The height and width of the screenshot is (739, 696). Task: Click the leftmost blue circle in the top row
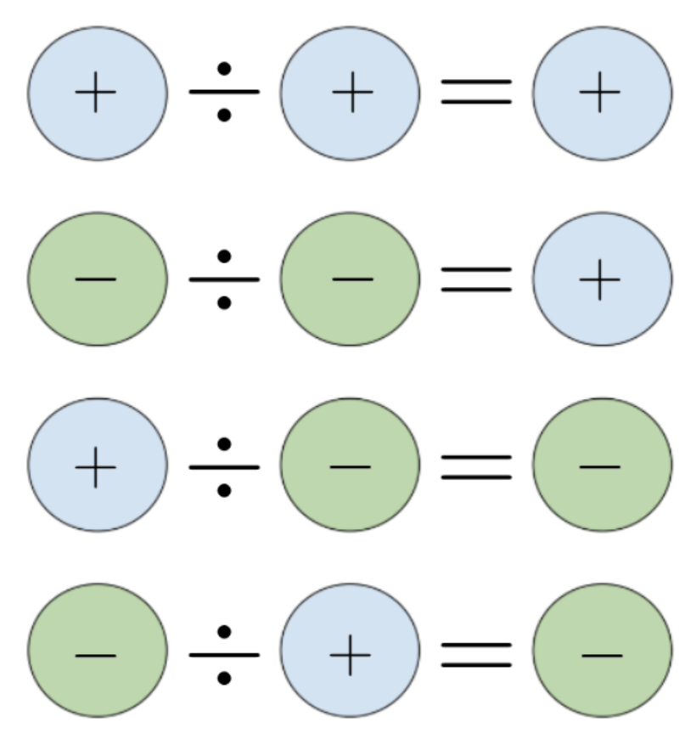[97, 93]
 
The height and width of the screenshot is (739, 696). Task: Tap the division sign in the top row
[224, 92]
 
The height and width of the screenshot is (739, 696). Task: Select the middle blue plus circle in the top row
[350, 93]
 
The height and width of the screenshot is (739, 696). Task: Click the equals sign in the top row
[476, 92]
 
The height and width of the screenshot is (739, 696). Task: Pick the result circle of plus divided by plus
[602, 93]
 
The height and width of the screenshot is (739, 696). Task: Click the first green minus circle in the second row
[97, 279]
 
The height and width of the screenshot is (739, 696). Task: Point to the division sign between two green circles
[224, 279]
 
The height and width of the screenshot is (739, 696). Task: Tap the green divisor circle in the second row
[350, 279]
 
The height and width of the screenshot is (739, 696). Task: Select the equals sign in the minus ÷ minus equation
[476, 279]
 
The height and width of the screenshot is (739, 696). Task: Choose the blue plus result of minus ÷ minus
[602, 279]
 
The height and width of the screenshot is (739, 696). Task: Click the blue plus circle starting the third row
[97, 465]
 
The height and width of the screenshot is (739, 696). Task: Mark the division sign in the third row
[224, 466]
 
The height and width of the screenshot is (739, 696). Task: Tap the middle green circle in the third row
[350, 465]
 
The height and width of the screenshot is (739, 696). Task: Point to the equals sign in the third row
[476, 466]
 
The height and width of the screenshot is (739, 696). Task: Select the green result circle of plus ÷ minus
[602, 465]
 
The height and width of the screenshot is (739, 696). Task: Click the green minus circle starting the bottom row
[97, 652]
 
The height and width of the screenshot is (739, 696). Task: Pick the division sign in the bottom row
[224, 654]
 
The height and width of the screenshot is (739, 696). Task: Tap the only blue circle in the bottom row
[350, 652]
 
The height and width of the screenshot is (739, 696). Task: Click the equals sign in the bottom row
[476, 654]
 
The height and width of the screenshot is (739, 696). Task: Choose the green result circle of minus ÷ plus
[602, 652]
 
